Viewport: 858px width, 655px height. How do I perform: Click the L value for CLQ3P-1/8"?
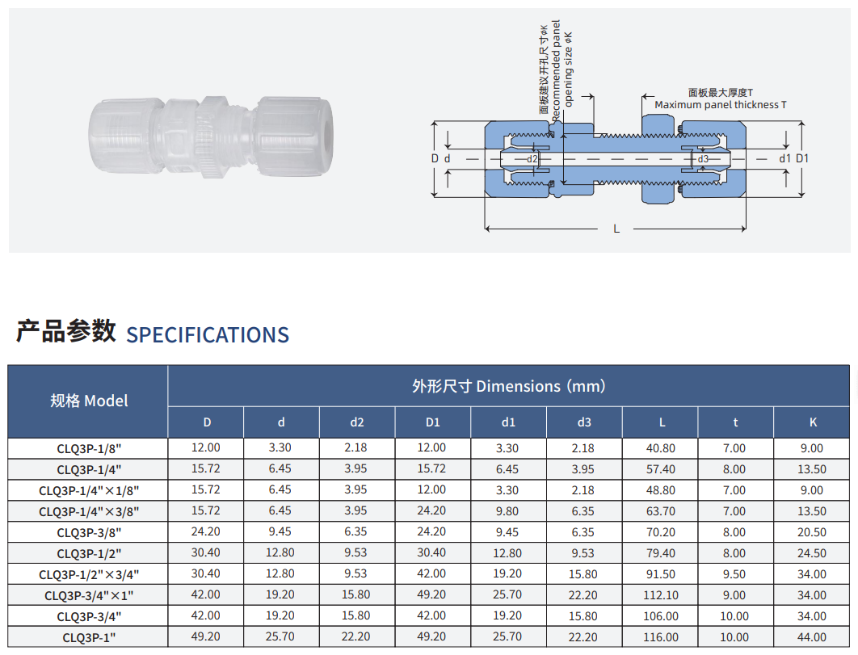[660, 448]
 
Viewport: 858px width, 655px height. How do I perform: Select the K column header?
[813, 422]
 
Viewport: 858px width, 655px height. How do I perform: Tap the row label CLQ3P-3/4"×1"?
[89, 595]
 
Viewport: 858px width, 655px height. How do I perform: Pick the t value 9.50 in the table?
[734, 574]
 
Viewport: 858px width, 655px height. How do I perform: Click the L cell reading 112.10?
[660, 595]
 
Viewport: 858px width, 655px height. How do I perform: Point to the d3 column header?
[584, 422]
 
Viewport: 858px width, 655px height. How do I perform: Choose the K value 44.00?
[811, 637]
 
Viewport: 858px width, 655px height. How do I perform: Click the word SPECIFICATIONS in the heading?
[208, 335]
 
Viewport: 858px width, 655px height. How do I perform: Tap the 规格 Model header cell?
[89, 401]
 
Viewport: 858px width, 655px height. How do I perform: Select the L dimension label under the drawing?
[616, 229]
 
